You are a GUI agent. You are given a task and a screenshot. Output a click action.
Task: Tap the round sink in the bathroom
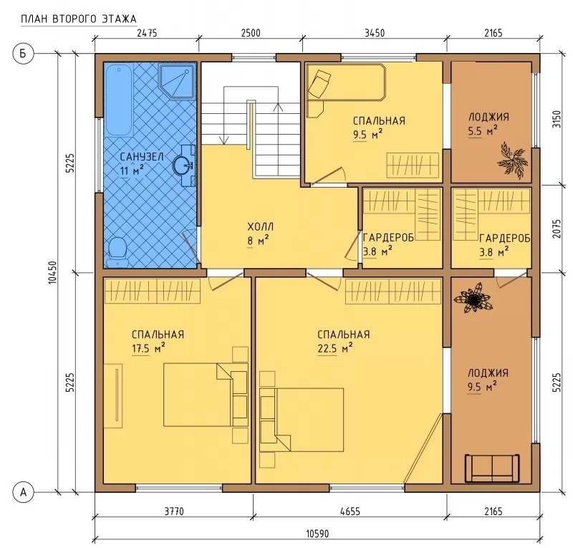pos(182,165)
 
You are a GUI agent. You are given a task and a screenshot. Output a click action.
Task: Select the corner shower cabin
pos(177,81)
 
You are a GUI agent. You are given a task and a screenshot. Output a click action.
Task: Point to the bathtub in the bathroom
pos(118,100)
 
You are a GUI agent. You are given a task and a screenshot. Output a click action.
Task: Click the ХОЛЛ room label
pos(260,226)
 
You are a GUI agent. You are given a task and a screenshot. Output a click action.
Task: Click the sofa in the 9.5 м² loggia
pos(491,468)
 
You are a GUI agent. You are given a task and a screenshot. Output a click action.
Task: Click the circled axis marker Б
pos(23,54)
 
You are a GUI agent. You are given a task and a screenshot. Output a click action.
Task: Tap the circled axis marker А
pos(24,492)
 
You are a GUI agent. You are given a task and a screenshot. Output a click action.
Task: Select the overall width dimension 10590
pos(317,534)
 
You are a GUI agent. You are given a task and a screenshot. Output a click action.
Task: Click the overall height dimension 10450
pos(52,273)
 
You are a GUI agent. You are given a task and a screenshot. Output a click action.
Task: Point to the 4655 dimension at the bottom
pos(350,511)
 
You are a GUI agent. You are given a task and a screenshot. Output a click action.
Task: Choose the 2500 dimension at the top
pos(251,33)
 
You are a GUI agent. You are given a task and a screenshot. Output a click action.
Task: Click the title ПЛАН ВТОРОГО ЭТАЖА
pos(79,19)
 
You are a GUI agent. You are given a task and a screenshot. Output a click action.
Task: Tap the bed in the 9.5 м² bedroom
pos(346,82)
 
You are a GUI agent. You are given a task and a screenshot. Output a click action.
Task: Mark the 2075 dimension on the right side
pos(557,229)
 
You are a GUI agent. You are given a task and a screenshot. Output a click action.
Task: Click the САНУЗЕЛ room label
pos(141,157)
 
